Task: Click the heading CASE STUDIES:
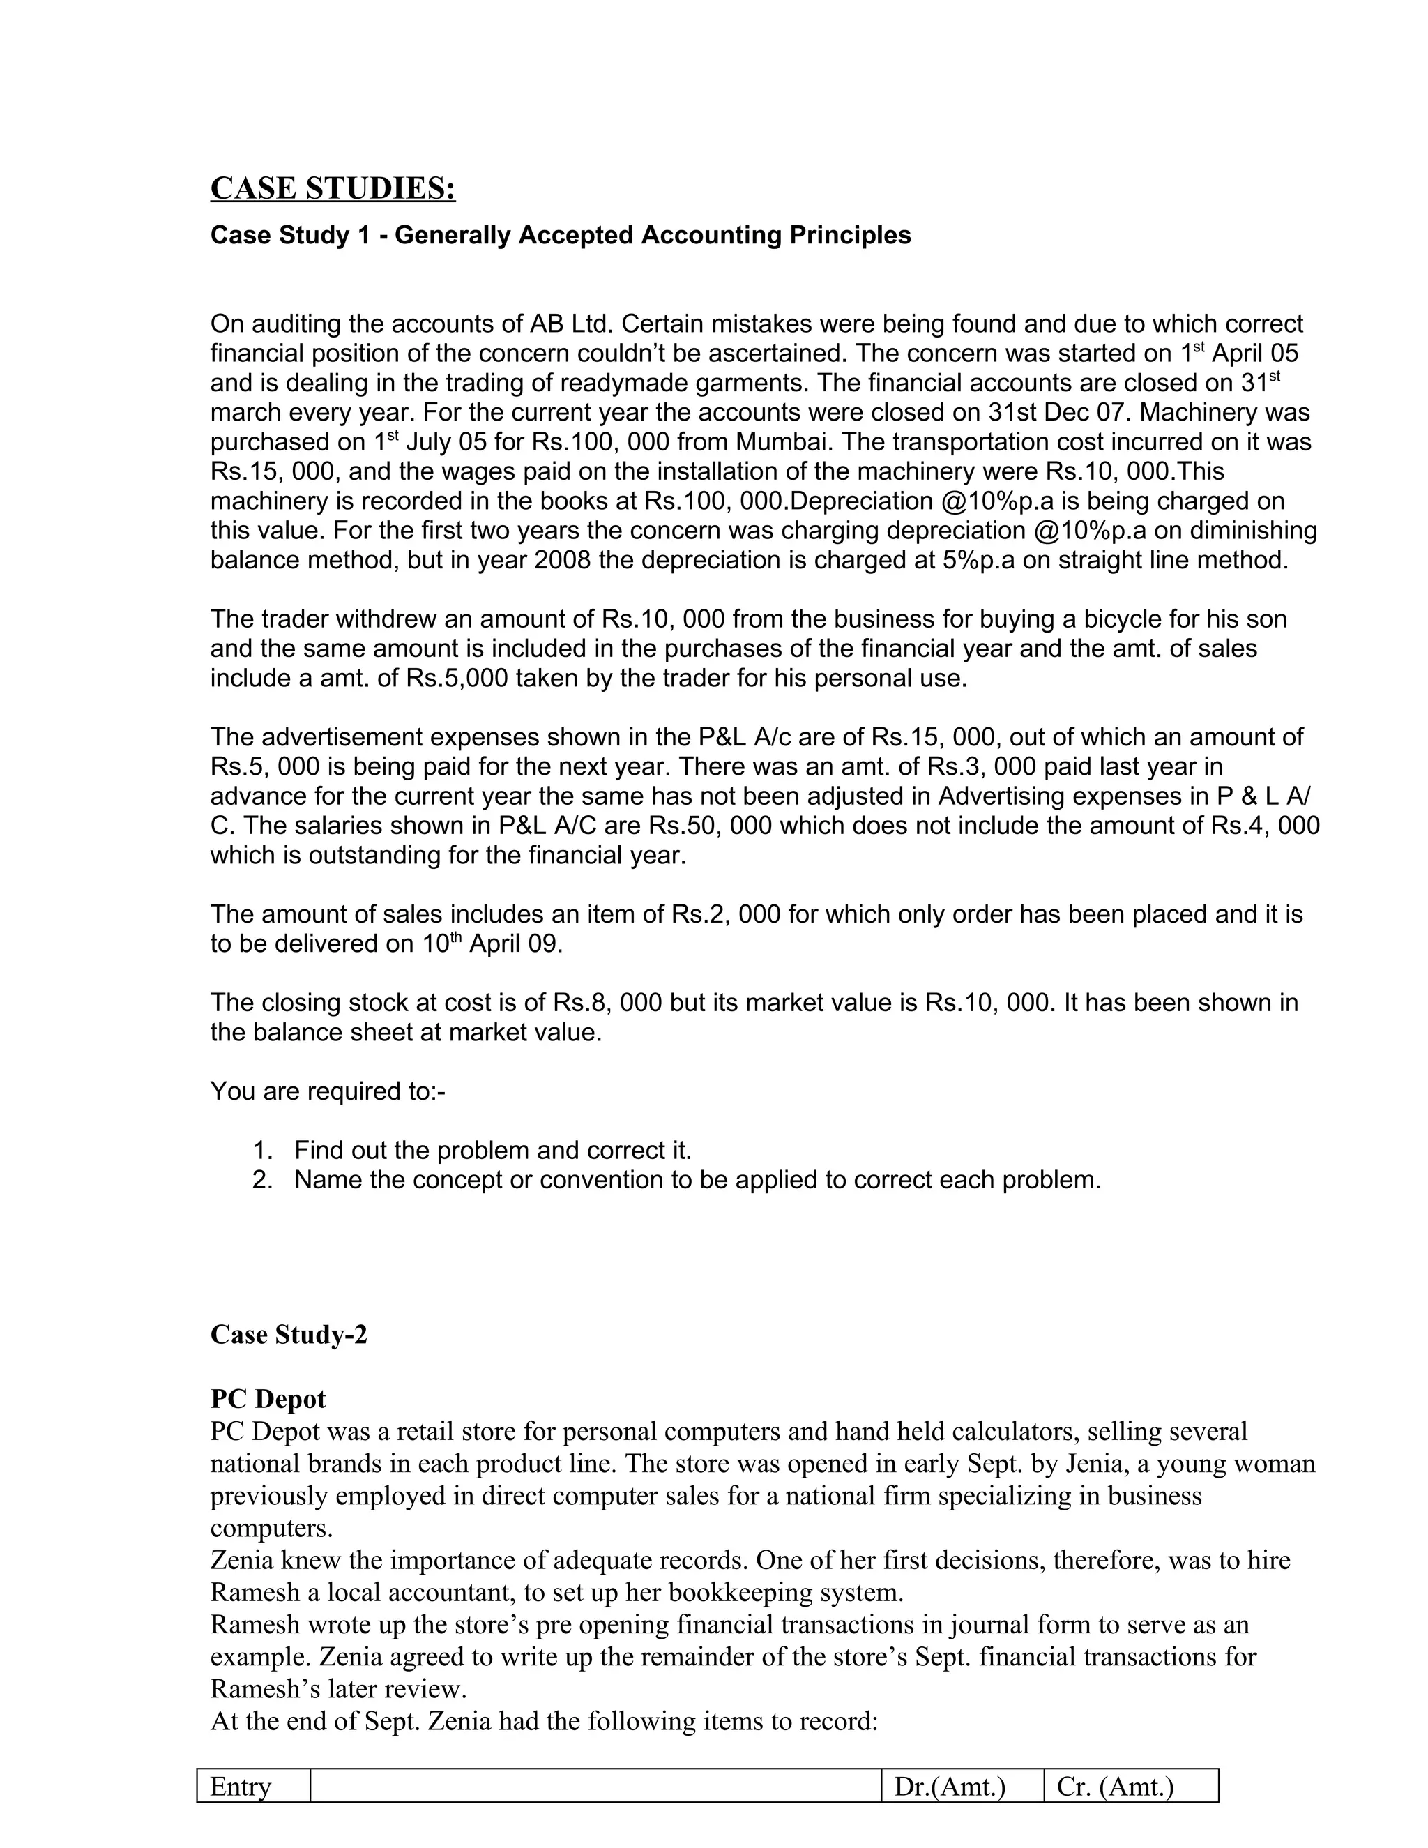pos(333,188)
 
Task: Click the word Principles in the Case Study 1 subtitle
pos(850,235)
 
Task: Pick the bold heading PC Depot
pos(268,1399)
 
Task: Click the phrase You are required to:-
pos(328,1091)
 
